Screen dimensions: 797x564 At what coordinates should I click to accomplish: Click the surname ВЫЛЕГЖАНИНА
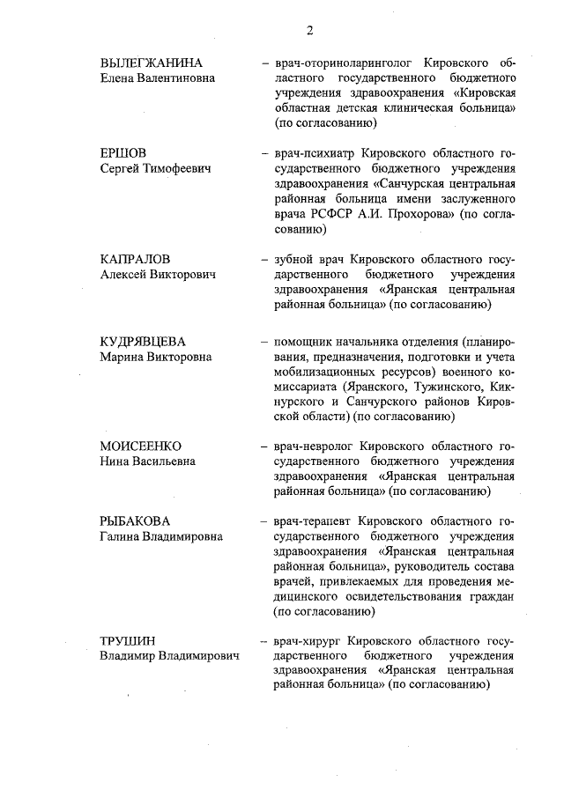(x=152, y=63)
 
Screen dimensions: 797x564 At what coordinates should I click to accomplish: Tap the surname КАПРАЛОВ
(x=135, y=260)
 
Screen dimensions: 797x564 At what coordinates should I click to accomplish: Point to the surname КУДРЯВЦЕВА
(x=148, y=342)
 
